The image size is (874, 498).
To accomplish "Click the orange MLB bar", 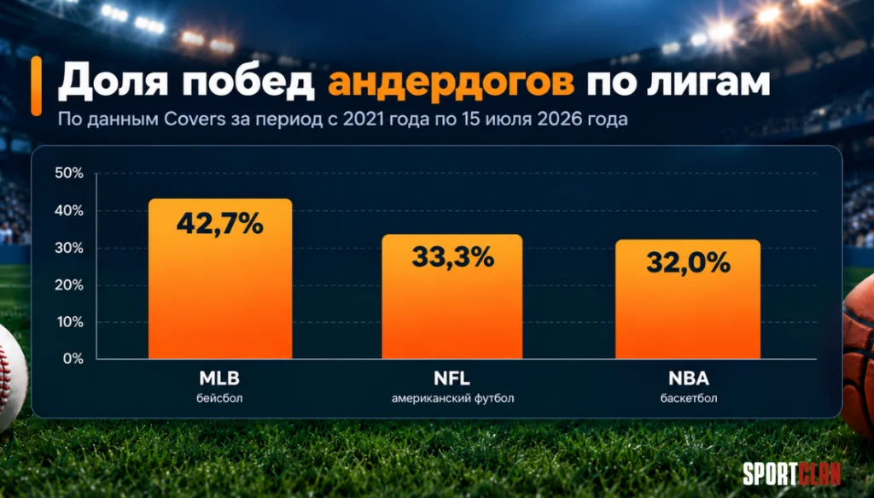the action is [x=220, y=278].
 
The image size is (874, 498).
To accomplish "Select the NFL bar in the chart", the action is [x=452, y=296].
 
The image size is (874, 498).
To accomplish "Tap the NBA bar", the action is [x=688, y=299].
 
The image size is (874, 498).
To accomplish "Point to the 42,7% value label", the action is [x=220, y=224].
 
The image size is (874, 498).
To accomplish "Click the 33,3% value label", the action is [x=452, y=257].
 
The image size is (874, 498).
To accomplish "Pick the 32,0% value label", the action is [x=689, y=262].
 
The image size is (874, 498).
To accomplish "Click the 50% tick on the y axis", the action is [x=69, y=173].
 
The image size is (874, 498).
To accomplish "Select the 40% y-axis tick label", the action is [x=69, y=211].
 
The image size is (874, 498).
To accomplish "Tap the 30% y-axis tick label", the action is [x=69, y=249].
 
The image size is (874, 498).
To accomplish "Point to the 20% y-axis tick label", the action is [x=69, y=285].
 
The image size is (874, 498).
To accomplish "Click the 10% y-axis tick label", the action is [x=70, y=322].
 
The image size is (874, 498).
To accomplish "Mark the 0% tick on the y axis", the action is [x=73, y=359].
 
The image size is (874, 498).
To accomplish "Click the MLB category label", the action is [x=219, y=378].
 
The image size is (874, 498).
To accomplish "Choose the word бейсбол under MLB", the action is [x=219, y=399].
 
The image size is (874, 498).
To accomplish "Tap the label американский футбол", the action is [x=452, y=399].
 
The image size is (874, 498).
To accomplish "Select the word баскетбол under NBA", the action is [x=689, y=399].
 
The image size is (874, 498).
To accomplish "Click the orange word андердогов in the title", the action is [x=451, y=83].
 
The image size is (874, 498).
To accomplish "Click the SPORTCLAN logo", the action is [x=791, y=474].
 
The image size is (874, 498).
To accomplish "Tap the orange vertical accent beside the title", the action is [x=36, y=86].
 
